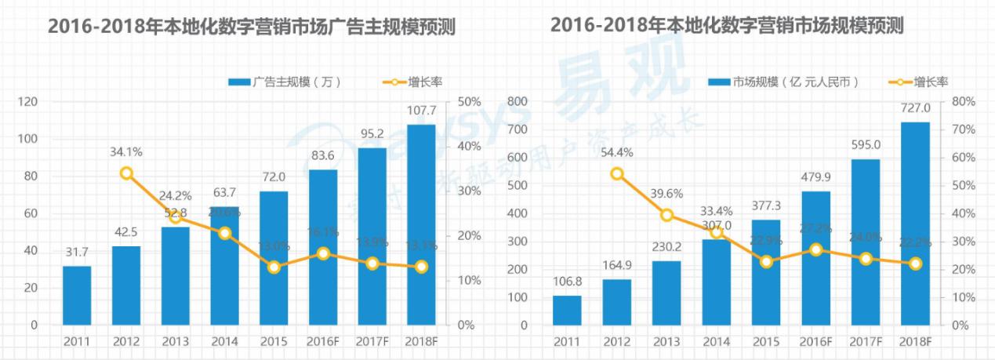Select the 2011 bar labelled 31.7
click(x=77, y=295)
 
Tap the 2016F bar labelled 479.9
click(x=815, y=258)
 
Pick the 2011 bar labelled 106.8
click(x=567, y=310)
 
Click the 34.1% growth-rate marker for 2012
click(x=126, y=173)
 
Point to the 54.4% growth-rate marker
click(x=616, y=173)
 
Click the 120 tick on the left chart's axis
click(x=29, y=102)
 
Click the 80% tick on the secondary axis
click(x=963, y=102)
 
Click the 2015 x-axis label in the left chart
click(x=274, y=341)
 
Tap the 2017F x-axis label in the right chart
click(x=865, y=341)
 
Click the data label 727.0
click(x=914, y=108)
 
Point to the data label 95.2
click(x=372, y=133)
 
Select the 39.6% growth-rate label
click(x=666, y=193)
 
